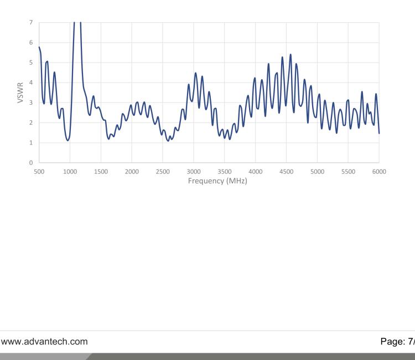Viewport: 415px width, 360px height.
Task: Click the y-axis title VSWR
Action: pos(20,93)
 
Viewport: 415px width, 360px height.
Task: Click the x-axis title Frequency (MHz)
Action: pos(209,181)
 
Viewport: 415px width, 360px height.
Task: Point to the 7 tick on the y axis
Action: pos(31,23)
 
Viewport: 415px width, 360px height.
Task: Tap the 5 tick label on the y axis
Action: pos(31,63)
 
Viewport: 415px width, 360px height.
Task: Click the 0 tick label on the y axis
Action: pos(31,163)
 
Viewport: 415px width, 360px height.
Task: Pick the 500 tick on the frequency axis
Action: pos(39,172)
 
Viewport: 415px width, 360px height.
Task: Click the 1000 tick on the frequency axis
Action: pos(70,172)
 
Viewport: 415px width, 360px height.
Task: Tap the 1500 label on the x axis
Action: pos(101,172)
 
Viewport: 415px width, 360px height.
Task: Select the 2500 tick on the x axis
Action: pos(163,172)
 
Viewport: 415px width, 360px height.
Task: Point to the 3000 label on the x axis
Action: pos(193,172)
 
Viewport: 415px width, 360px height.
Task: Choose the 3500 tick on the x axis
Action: pos(224,172)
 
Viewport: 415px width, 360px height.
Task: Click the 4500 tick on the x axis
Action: pos(286,172)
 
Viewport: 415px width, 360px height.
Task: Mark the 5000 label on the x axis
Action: pos(317,172)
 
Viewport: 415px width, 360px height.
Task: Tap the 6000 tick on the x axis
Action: pos(379,172)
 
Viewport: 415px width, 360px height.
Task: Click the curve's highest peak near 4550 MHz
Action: pos(290,54)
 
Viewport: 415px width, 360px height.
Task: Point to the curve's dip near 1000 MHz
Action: pos(68,140)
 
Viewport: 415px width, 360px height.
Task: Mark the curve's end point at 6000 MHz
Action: pos(379,133)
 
